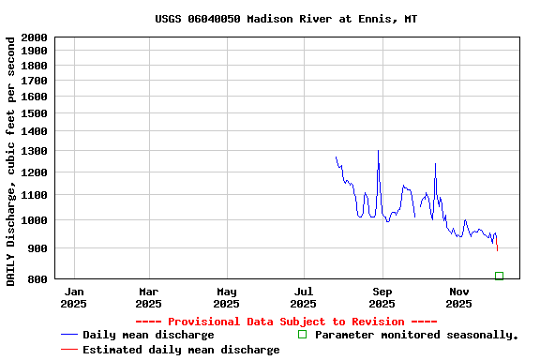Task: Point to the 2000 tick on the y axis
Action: (33, 37)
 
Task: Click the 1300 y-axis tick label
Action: (33, 151)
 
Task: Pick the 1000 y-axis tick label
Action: (33, 220)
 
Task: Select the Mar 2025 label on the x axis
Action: (148, 297)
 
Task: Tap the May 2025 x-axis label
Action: (226, 297)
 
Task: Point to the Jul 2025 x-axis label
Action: (303, 297)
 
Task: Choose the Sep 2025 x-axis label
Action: (382, 297)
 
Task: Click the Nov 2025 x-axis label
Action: (458, 297)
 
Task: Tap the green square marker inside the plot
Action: (499, 276)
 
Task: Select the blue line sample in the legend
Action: (68, 335)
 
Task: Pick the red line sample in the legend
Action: (68, 350)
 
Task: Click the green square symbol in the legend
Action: (302, 335)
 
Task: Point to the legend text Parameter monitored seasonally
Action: (416, 335)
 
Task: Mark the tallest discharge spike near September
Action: (378, 152)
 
